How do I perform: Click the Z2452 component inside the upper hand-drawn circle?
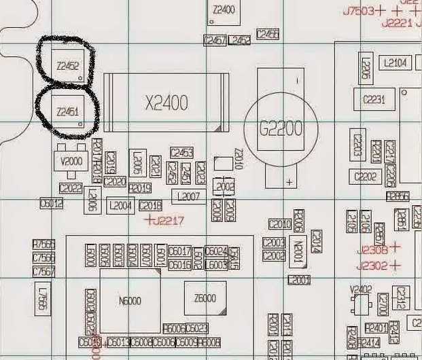(68, 67)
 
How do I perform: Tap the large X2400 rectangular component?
(166, 103)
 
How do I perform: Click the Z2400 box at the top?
(224, 11)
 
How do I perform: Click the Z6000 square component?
(205, 298)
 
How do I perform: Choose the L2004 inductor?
(120, 205)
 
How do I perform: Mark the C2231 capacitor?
(374, 100)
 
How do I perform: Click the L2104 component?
(395, 63)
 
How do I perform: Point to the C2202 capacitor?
(366, 177)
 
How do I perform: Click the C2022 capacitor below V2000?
(71, 188)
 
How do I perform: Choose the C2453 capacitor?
(182, 152)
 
